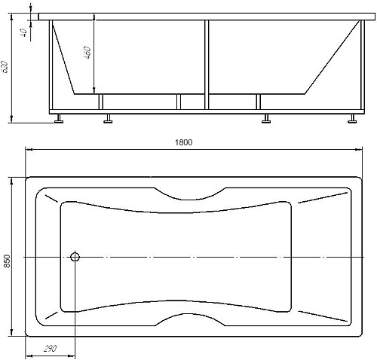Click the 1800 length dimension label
(183, 142)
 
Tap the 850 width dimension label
(7, 261)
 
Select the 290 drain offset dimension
(51, 349)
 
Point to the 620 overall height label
(5, 67)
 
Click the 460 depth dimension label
(87, 52)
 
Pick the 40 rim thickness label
(23, 32)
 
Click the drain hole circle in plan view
(75, 257)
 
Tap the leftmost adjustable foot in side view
(59, 118)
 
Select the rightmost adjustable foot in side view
(352, 118)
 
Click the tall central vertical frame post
(207, 65)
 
